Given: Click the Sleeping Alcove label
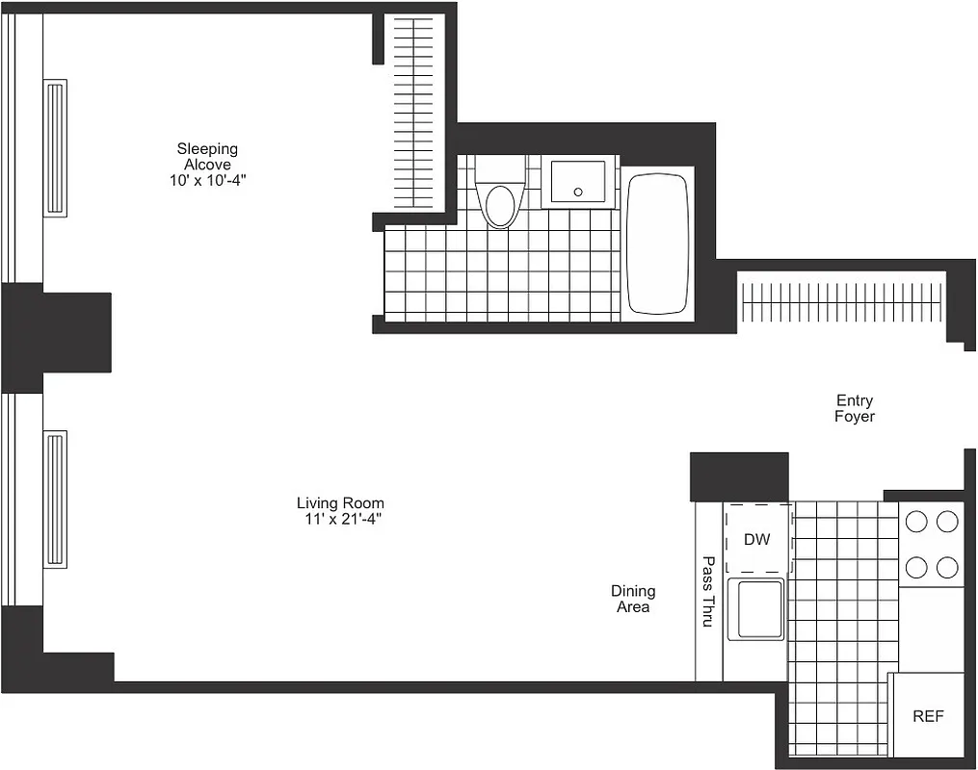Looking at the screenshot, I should tap(206, 156).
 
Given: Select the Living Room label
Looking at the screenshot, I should tap(339, 502).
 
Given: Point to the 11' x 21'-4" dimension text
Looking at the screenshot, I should tap(339, 519).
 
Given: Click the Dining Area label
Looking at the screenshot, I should tap(632, 599).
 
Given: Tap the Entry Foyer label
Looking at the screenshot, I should tap(855, 408).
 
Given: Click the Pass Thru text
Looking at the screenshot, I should tap(708, 592).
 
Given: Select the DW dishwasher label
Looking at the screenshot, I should tap(757, 539).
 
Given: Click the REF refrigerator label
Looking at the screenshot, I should tap(928, 716).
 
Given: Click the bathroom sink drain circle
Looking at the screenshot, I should tap(578, 192).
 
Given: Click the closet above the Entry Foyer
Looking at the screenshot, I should tap(840, 301).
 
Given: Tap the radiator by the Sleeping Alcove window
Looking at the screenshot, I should tap(55, 147).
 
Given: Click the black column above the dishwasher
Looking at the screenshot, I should tap(739, 476).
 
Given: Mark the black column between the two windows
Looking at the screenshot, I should tap(55, 337).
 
